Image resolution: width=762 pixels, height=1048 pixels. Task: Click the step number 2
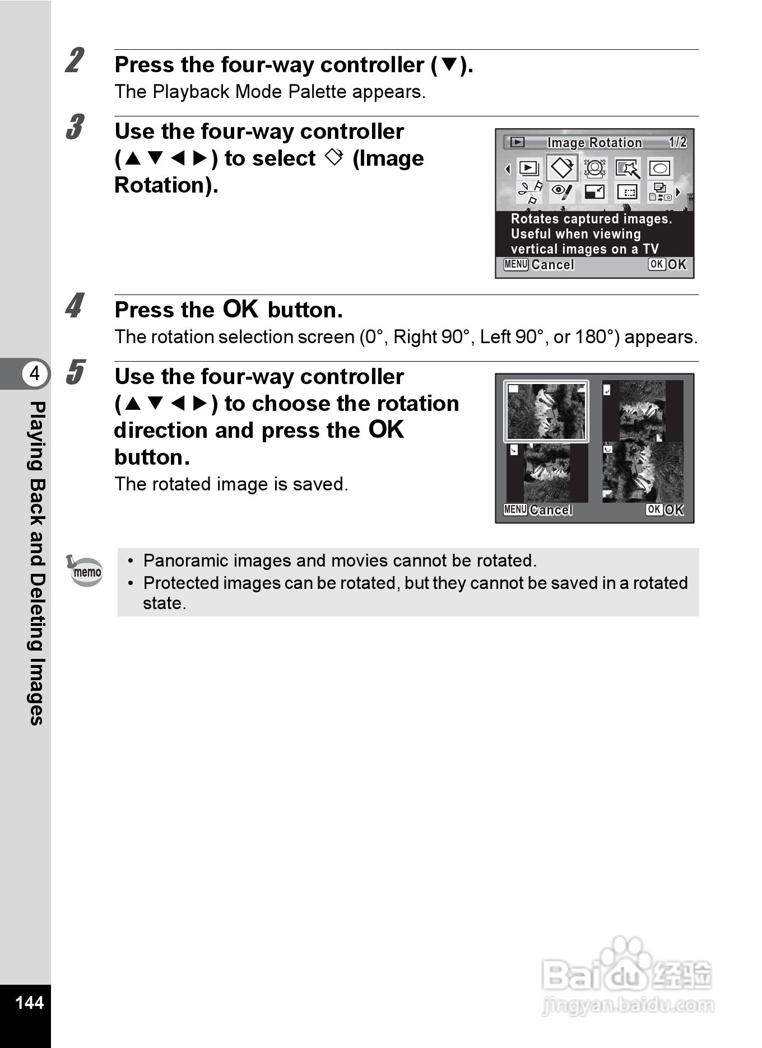[75, 61]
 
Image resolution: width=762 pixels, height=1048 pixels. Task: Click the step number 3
[75, 127]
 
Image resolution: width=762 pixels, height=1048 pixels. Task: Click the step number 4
[75, 306]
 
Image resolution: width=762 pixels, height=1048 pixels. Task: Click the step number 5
[75, 372]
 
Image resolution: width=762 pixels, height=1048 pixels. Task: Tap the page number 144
[29, 1002]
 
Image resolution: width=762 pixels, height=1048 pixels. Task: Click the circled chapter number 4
[35, 373]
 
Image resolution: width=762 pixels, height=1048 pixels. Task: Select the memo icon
[85, 571]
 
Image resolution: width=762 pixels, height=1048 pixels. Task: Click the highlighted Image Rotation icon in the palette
[562, 168]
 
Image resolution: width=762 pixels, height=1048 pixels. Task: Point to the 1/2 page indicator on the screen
[677, 142]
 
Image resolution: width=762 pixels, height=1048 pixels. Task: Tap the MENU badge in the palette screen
[515, 264]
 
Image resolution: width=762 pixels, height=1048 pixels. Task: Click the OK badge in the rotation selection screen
[654, 509]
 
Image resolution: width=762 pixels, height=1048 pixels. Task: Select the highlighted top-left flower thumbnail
[546, 411]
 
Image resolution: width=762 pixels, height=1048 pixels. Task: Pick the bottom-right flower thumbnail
[643, 472]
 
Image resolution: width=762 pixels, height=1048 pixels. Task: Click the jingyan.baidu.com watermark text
[628, 1005]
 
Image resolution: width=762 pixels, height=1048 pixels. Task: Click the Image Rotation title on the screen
[594, 143]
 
